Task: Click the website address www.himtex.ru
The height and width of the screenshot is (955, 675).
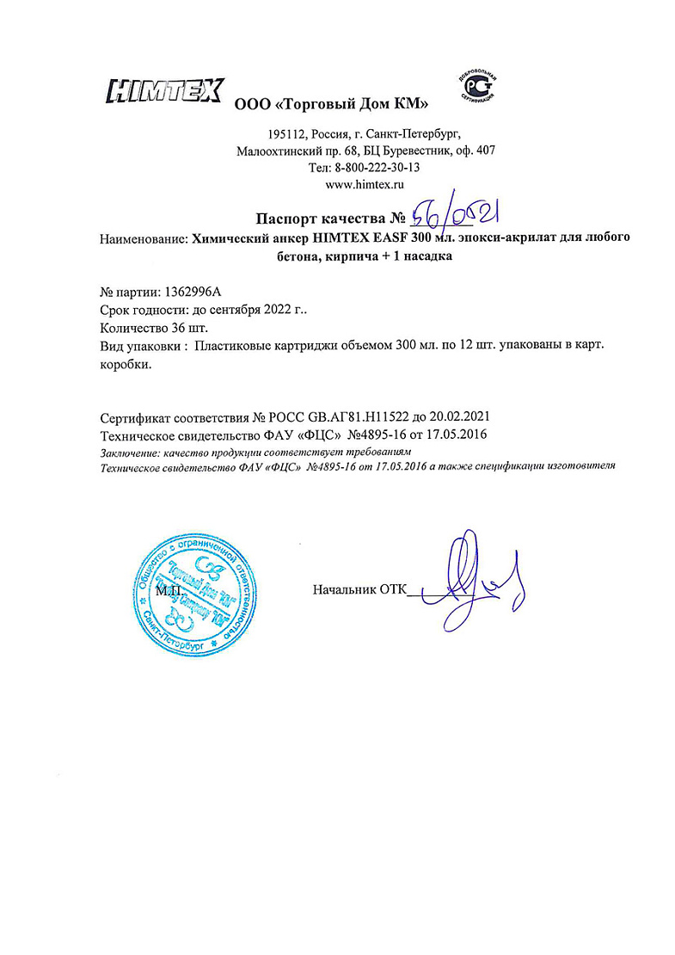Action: click(x=366, y=184)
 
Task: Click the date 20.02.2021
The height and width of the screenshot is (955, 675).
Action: click(x=464, y=415)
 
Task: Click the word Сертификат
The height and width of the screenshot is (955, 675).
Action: click(x=135, y=415)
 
